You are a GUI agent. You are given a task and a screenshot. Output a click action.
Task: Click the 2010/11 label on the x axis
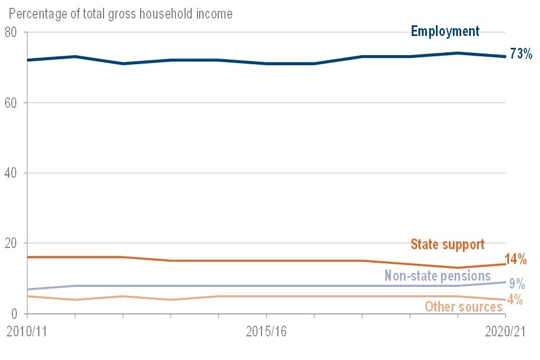point(26,331)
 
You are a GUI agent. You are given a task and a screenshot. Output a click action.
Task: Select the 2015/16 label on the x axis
point(267,331)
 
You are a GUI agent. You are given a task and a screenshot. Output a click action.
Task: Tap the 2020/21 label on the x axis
point(505,331)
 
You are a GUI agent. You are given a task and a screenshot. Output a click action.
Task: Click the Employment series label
point(445,31)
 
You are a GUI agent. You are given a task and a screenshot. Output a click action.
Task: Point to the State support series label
point(447,244)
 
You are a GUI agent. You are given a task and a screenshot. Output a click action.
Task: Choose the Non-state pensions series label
point(438,276)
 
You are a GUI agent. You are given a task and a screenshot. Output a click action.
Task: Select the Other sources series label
point(463,307)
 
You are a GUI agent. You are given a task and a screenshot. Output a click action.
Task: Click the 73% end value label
point(521,55)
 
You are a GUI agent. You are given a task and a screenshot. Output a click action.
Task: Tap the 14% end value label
point(516,259)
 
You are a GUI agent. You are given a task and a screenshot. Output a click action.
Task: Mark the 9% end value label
point(517,283)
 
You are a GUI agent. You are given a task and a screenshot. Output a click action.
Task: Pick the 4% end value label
point(515,300)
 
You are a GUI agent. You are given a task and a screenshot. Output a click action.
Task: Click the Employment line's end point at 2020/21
point(505,56)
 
